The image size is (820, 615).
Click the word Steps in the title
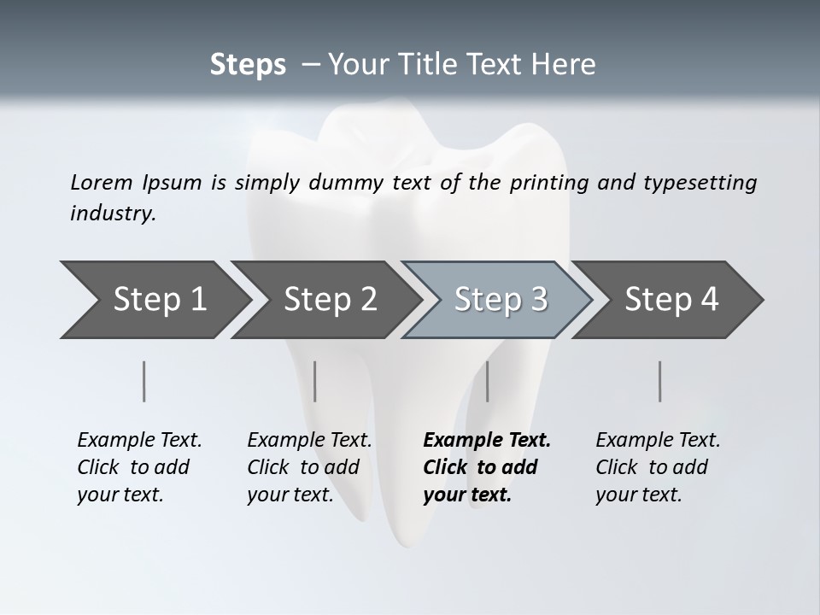pyautogui.click(x=248, y=65)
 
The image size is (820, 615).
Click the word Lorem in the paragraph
pyautogui.click(x=102, y=182)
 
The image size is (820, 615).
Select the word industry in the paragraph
pyautogui.click(x=113, y=214)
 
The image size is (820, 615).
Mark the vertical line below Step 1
pyautogui.click(x=144, y=381)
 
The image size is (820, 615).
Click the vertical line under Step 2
pyautogui.click(x=315, y=381)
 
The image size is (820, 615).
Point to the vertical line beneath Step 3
pyautogui.click(x=488, y=381)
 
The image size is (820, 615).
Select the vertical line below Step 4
pyautogui.click(x=660, y=381)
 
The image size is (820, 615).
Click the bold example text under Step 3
pyautogui.click(x=486, y=467)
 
